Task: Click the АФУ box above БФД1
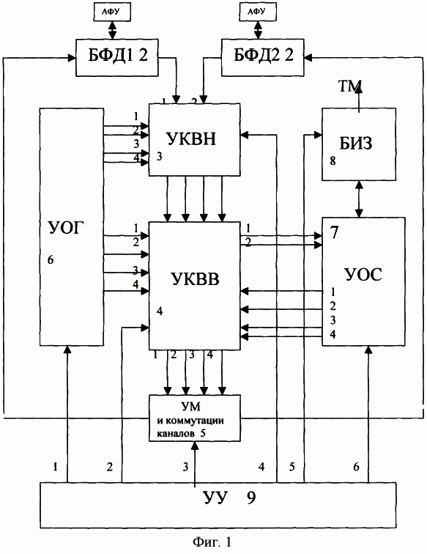click(x=112, y=12)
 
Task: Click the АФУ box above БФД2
click(x=258, y=12)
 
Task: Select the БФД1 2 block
click(x=117, y=57)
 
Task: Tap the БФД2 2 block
click(x=262, y=57)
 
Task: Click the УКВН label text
click(x=191, y=138)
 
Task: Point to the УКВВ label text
click(x=195, y=278)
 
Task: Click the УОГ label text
click(x=67, y=228)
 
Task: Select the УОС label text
click(x=363, y=275)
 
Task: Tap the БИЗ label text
click(x=356, y=143)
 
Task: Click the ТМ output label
click(x=350, y=86)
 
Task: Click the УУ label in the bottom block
click(x=215, y=498)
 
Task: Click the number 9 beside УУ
click(x=251, y=498)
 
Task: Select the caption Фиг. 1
click(x=212, y=541)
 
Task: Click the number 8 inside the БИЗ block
click(x=333, y=161)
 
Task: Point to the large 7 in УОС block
click(x=334, y=232)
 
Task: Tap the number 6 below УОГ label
click(x=51, y=260)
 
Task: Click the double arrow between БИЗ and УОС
click(x=359, y=199)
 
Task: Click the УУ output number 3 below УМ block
click(x=186, y=467)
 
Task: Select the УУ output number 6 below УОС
click(x=357, y=467)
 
